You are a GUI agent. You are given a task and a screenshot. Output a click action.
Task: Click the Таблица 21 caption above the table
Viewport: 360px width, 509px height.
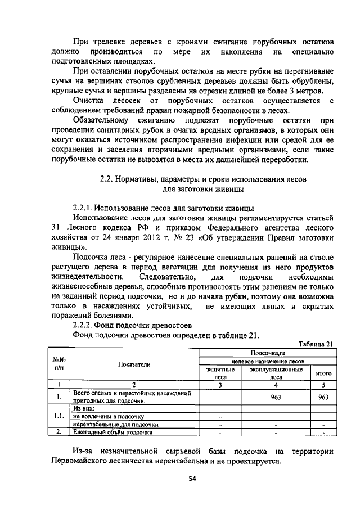point(316,345)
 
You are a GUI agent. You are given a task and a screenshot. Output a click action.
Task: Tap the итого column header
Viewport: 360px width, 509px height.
point(323,372)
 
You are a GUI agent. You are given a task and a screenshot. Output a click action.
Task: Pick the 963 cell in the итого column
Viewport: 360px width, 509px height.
point(323,397)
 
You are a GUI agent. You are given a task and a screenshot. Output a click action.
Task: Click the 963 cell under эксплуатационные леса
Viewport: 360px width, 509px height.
point(276,397)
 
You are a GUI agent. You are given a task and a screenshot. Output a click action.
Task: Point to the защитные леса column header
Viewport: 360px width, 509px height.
point(220,373)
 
